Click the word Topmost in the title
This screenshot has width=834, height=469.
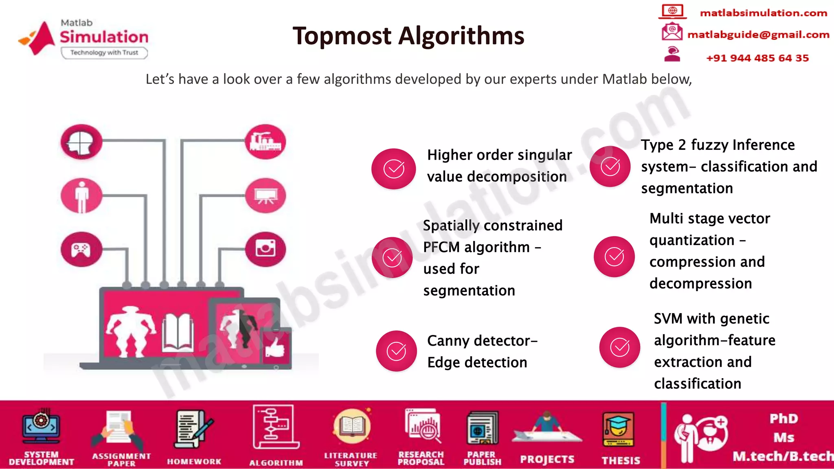pyautogui.click(x=342, y=36)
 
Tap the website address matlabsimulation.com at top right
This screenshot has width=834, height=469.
pyautogui.click(x=763, y=13)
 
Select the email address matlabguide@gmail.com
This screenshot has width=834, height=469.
pyautogui.click(x=758, y=35)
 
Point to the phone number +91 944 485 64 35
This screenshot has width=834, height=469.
pyautogui.click(x=757, y=58)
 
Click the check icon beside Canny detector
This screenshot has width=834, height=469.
pyautogui.click(x=396, y=351)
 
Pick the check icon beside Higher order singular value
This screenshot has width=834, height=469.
pyautogui.click(x=394, y=169)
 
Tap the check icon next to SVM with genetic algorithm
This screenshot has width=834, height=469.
pyautogui.click(x=619, y=347)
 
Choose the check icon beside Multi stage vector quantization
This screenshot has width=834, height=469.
pyautogui.click(x=614, y=256)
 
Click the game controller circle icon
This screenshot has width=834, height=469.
pyautogui.click(x=81, y=249)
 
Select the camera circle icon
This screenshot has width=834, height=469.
pyautogui.click(x=266, y=249)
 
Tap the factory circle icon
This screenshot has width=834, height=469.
pyautogui.click(x=266, y=142)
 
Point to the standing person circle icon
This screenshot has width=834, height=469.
pyautogui.click(x=81, y=196)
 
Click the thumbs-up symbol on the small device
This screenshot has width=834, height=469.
pyautogui.click(x=275, y=347)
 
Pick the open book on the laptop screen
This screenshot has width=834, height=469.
pyautogui.click(x=178, y=332)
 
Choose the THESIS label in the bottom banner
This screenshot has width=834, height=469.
pyautogui.click(x=621, y=460)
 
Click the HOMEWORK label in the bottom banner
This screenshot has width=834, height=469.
pyautogui.click(x=194, y=461)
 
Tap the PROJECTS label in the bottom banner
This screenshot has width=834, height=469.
pyautogui.click(x=547, y=459)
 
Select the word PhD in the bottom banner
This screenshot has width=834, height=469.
pyautogui.click(x=784, y=419)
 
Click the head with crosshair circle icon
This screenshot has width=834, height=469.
pyautogui.click(x=81, y=142)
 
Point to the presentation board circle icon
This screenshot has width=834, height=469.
pyautogui.click(x=266, y=196)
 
